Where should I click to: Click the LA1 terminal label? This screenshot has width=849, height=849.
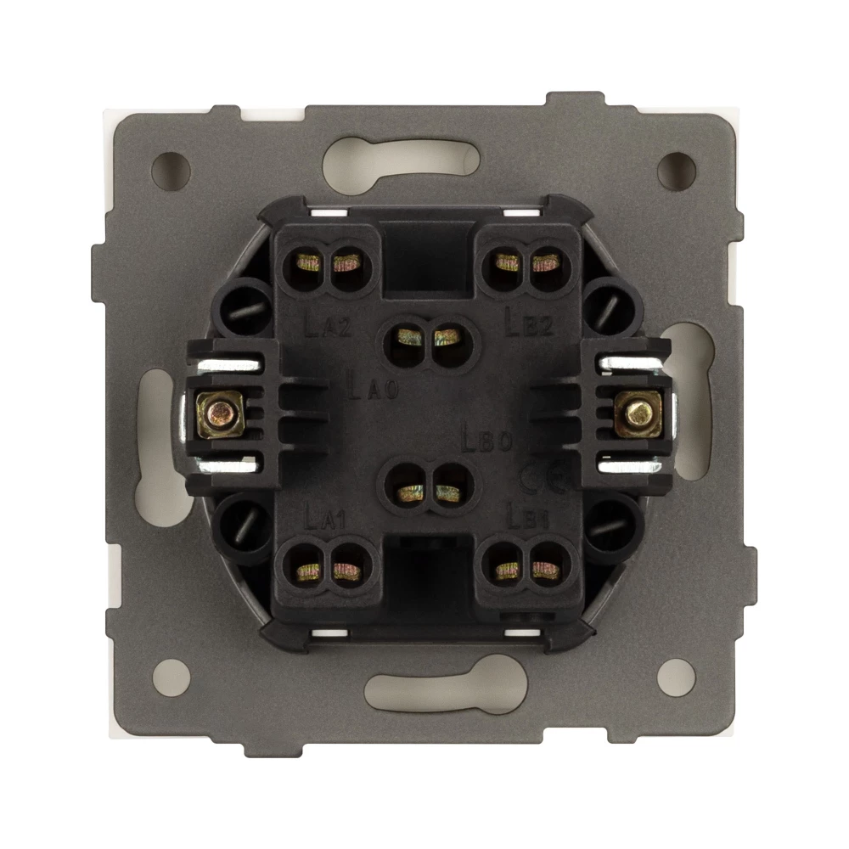click(323, 515)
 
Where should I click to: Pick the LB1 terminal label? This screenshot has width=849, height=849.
click(528, 515)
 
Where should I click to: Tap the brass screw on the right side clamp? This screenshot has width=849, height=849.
click(637, 413)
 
